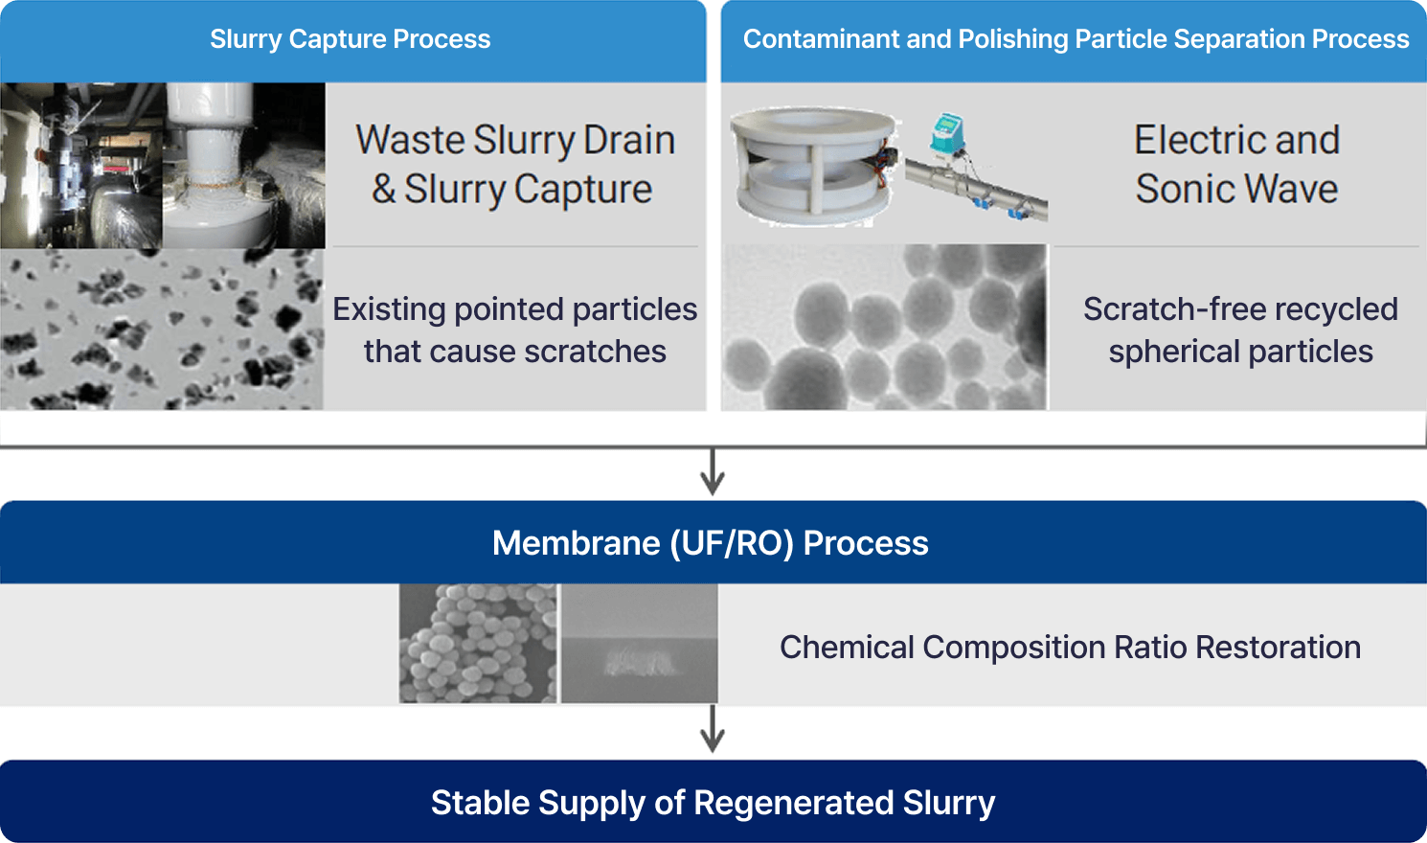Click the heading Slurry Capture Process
click(x=351, y=39)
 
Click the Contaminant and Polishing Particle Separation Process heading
click(x=1076, y=39)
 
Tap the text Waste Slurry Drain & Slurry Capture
click(x=514, y=165)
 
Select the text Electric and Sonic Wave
click(x=1236, y=165)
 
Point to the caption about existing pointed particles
click(x=514, y=330)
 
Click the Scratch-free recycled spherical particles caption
click(x=1240, y=330)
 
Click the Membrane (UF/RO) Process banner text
click(x=711, y=543)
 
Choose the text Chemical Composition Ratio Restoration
click(x=1070, y=648)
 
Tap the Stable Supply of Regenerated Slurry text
click(x=713, y=803)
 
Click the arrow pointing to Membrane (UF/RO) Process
click(x=712, y=472)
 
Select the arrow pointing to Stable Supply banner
click(x=712, y=730)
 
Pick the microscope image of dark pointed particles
click(x=162, y=330)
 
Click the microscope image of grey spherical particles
click(x=885, y=328)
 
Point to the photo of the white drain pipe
click(x=243, y=165)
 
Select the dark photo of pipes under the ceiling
click(x=81, y=165)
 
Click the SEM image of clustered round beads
click(x=478, y=644)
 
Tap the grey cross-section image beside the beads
click(x=639, y=644)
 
